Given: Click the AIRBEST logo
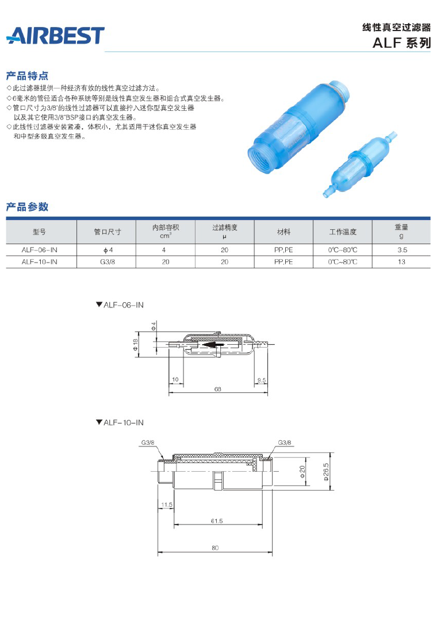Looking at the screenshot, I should (x=55, y=36).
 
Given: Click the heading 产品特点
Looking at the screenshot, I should (x=27, y=76).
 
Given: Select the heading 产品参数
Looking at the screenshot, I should (x=27, y=207).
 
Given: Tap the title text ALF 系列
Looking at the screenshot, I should (x=401, y=43).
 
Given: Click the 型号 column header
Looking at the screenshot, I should (x=40, y=232).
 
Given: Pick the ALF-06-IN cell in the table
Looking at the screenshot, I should (x=40, y=250).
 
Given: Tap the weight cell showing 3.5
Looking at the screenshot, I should (x=401, y=250).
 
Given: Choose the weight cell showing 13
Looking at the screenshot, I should (x=401, y=262).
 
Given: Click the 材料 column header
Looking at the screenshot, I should (x=283, y=232).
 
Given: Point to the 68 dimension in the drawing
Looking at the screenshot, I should (x=217, y=390).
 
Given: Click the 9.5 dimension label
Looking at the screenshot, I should (x=262, y=380).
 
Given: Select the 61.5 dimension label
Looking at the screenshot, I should (x=216, y=521).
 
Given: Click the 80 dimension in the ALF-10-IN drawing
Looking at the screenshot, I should (x=215, y=548).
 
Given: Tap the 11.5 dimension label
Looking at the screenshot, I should (x=167, y=504).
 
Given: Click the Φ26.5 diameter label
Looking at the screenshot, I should (x=326, y=472).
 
